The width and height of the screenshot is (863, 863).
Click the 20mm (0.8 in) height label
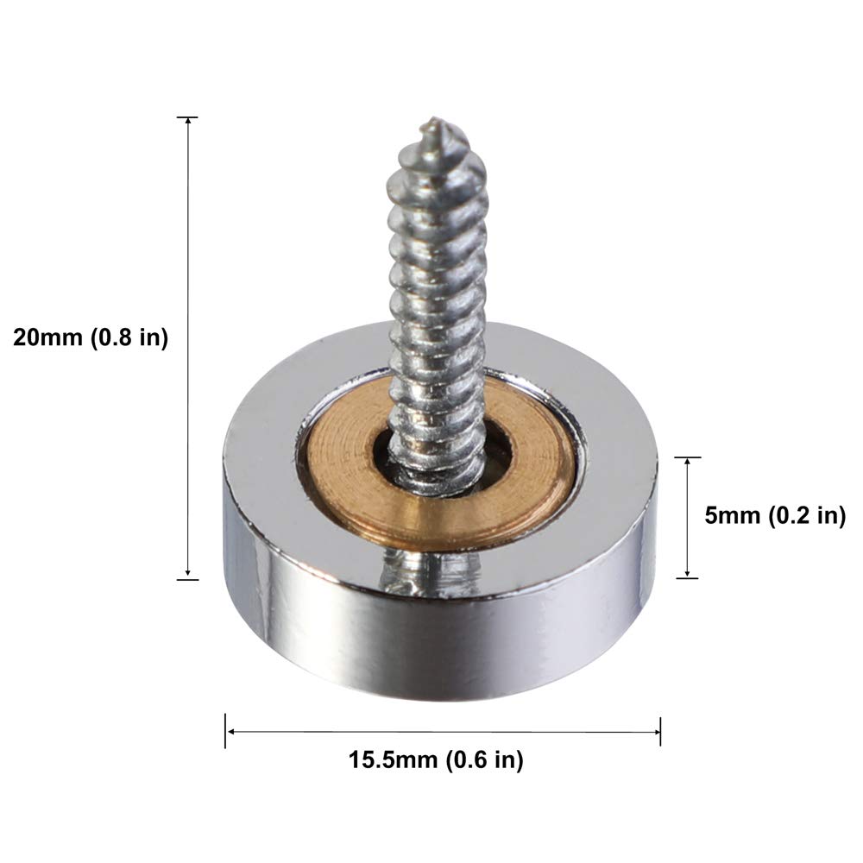click(91, 337)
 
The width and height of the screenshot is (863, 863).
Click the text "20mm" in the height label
click(48, 337)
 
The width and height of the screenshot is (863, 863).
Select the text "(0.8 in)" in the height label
click(129, 337)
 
